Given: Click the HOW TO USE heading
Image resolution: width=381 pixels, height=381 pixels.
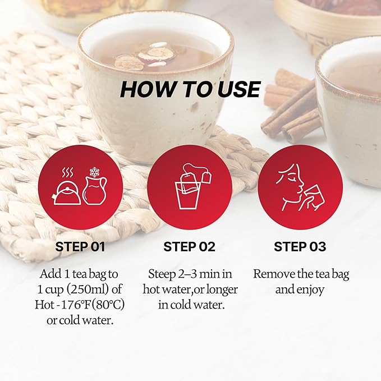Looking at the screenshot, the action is point(190,89).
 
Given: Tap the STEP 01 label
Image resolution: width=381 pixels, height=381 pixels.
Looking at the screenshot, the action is point(80,247).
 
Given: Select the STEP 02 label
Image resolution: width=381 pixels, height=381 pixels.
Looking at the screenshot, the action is point(190,247).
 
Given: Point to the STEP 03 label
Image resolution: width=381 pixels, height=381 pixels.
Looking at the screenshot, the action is point(300,247).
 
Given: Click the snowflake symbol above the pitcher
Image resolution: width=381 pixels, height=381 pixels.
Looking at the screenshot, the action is point(94,172).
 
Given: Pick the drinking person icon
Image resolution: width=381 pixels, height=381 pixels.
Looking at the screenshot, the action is point(300,187).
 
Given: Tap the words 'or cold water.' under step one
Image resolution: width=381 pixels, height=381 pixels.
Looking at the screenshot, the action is point(80,320).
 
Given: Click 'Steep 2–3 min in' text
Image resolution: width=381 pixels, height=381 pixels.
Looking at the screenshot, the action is point(190,274).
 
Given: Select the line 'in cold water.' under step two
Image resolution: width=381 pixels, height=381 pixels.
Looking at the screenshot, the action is point(191,305).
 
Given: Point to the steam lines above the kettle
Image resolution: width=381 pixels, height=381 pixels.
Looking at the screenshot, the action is point(67,173).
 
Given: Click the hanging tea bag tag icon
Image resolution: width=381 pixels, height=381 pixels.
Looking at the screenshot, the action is point(206,177).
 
